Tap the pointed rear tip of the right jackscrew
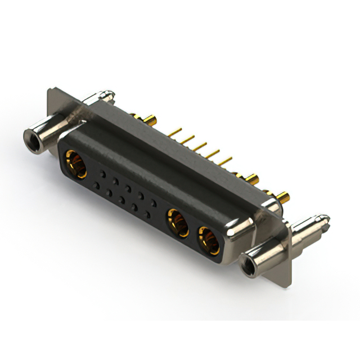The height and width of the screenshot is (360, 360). [325, 217]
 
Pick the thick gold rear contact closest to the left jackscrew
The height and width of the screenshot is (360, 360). [151, 120]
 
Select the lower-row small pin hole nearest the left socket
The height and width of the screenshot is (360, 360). [97, 185]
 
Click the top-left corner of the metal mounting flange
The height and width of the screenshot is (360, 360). [51, 88]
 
